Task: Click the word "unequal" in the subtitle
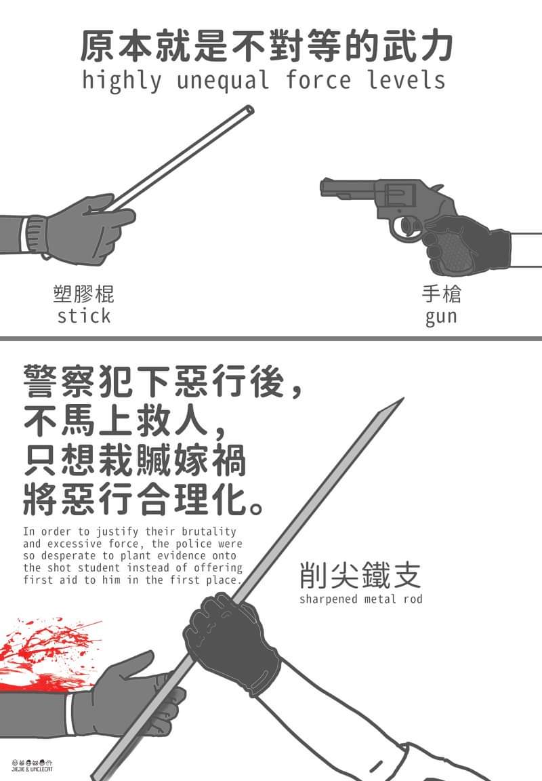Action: click(223, 81)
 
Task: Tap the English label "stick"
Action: click(83, 316)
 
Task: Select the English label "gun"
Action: click(441, 317)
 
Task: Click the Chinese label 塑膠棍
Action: click(83, 294)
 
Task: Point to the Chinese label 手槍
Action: click(442, 294)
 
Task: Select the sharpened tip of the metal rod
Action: click(402, 399)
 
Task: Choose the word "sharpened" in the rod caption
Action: click(329, 599)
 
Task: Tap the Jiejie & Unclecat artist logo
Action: click(32, 765)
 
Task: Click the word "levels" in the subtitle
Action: click(406, 80)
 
